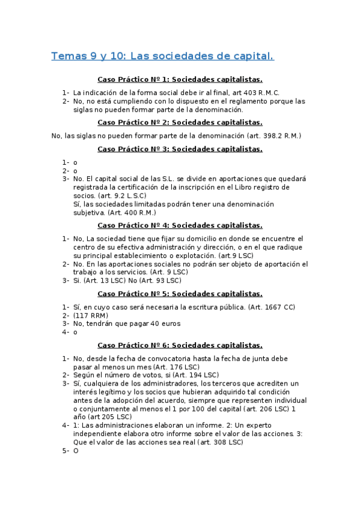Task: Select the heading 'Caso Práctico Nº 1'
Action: tap(180, 79)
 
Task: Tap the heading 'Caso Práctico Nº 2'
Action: tap(180, 122)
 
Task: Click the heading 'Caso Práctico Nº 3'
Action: tap(180, 149)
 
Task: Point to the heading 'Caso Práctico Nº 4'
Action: tap(180, 226)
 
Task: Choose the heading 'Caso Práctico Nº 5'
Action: tap(180, 294)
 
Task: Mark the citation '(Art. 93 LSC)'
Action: tap(158, 280)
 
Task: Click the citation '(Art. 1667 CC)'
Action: tap(269, 307)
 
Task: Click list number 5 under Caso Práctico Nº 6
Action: tap(65, 450)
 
